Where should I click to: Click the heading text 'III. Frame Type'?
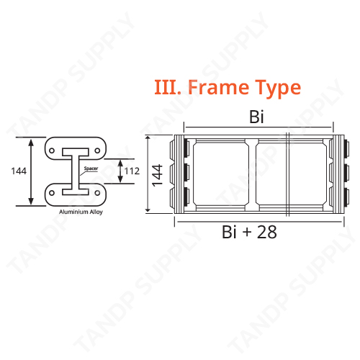click(227, 88)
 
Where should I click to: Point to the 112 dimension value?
click(131, 171)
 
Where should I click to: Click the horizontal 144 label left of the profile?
click(19, 171)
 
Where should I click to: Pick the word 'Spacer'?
click(91, 168)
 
